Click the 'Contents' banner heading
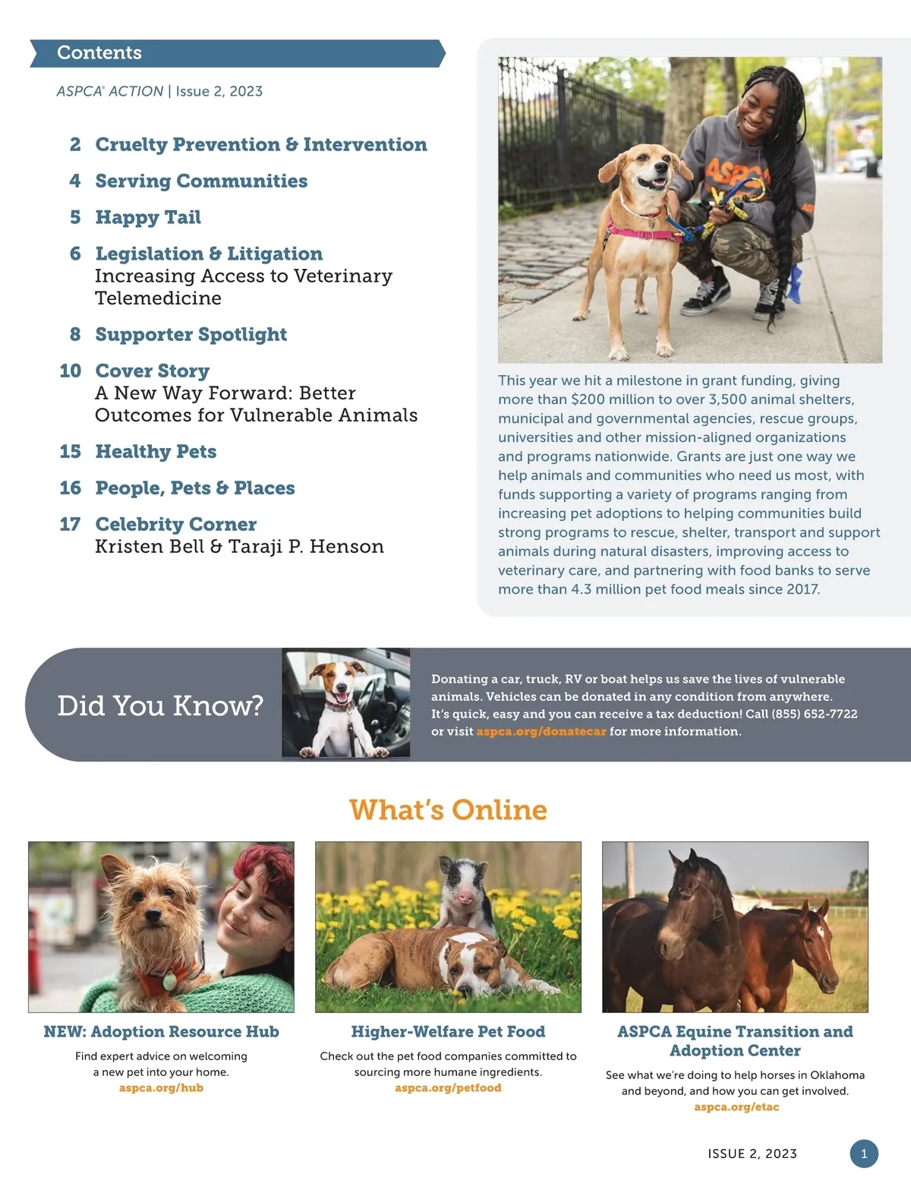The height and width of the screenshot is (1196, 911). tap(99, 53)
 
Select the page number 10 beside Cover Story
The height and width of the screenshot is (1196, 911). tap(71, 371)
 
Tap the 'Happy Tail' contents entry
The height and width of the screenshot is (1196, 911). tap(148, 218)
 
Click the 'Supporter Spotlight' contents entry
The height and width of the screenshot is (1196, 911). tap(191, 335)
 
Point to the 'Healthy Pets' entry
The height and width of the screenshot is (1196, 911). tap(156, 452)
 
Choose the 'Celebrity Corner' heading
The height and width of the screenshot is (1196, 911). tap(176, 525)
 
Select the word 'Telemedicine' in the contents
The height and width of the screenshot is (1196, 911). tap(158, 298)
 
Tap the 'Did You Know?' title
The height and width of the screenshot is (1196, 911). tap(160, 705)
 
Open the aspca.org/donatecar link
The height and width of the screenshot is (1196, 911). tap(541, 732)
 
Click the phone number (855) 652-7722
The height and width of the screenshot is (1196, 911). tap(814, 715)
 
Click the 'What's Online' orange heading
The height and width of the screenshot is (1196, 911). tap(448, 810)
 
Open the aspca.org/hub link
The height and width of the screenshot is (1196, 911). tap(161, 1088)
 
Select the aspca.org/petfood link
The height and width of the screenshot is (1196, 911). tap(448, 1088)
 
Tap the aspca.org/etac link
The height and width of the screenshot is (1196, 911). tap(736, 1107)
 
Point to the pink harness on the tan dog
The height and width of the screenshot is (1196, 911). tap(644, 229)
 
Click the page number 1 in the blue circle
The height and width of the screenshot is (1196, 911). tap(863, 1153)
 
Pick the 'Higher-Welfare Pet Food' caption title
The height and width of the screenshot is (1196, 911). tap(448, 1032)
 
